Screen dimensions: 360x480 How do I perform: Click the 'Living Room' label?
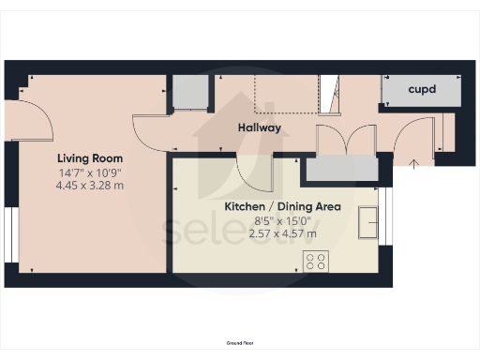click(89, 158)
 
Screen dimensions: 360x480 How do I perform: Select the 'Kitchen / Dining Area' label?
click(281, 206)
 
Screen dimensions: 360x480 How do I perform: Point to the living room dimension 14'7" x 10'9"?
click(89, 172)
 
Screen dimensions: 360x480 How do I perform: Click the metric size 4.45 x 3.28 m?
click(89, 186)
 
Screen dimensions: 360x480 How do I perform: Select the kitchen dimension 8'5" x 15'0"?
click(281, 220)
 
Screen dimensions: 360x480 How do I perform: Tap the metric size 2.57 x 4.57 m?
click(281, 233)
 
